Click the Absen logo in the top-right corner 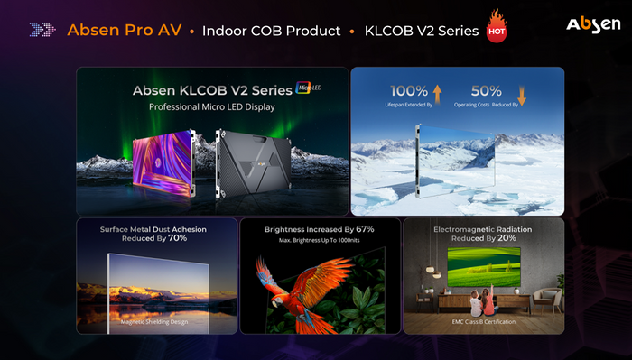coord(592,25)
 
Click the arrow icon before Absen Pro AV coord(42,30)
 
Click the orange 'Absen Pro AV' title coord(125,31)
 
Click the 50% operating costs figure coord(487,91)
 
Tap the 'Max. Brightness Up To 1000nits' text coord(321,242)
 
